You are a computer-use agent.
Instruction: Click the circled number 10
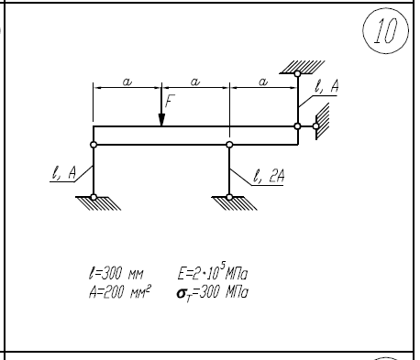coord(386,30)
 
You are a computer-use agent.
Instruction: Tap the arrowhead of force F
coord(161,120)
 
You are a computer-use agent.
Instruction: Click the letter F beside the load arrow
coord(171,101)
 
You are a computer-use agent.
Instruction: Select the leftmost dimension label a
coord(127,82)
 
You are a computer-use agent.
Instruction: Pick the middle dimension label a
coord(195,82)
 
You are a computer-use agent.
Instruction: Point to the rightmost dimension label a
coord(263,82)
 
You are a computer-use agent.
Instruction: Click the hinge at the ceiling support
coord(297,73)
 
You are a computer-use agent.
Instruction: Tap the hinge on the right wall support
coord(315,126)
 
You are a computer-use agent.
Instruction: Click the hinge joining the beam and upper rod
coord(297,126)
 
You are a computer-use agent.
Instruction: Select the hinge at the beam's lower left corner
coord(94,145)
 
